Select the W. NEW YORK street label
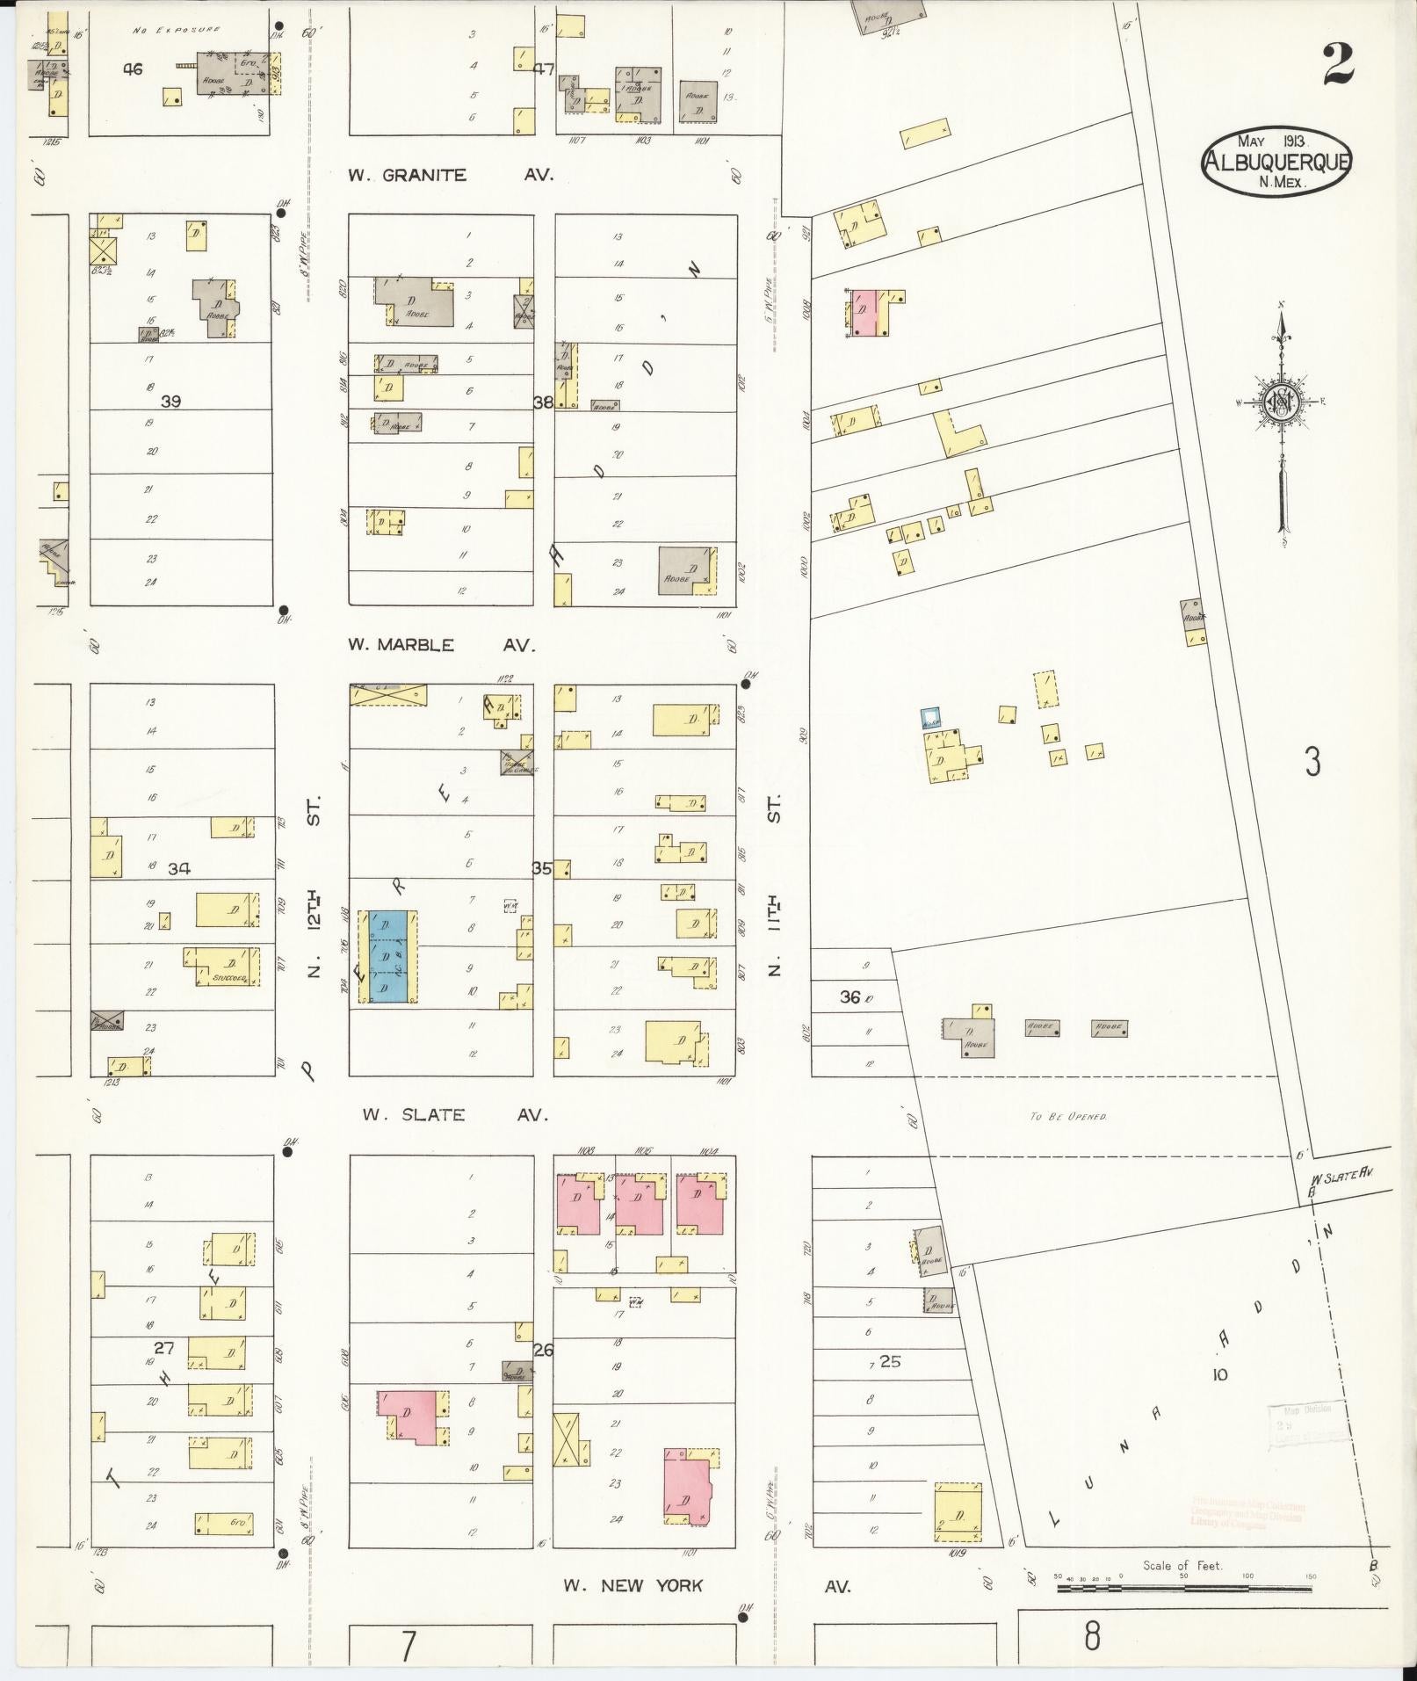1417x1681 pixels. pyautogui.click(x=633, y=1585)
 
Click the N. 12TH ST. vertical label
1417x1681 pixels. pyautogui.click(x=314, y=887)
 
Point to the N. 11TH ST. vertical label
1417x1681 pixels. pyautogui.click(x=774, y=887)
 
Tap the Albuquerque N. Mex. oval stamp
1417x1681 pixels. pyautogui.click(x=1276, y=161)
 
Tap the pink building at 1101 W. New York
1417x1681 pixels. pyautogui.click(x=687, y=1487)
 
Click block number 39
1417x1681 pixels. pyautogui.click(x=170, y=402)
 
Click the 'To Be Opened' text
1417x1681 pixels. pyautogui.click(x=1068, y=1116)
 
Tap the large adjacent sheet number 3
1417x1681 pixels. pyautogui.click(x=1312, y=763)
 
